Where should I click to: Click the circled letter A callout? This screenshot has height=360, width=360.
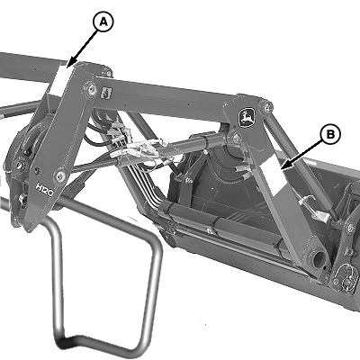click(x=103, y=22)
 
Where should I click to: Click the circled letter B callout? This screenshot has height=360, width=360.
click(x=330, y=135)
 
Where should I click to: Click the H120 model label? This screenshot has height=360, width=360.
click(x=44, y=190)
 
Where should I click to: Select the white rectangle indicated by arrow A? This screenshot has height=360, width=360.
click(x=58, y=80)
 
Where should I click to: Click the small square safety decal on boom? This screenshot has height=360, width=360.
click(x=106, y=92)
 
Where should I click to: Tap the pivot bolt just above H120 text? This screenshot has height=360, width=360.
click(x=60, y=175)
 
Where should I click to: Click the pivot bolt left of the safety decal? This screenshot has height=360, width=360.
click(x=90, y=88)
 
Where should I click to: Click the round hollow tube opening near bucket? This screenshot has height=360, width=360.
click(x=319, y=258)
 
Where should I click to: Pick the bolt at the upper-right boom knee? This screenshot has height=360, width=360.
click(x=268, y=106)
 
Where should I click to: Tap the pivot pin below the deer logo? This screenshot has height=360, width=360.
click(x=237, y=137)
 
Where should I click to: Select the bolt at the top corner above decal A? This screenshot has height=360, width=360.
click(x=108, y=72)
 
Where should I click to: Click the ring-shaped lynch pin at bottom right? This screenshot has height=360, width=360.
click(x=345, y=273)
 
